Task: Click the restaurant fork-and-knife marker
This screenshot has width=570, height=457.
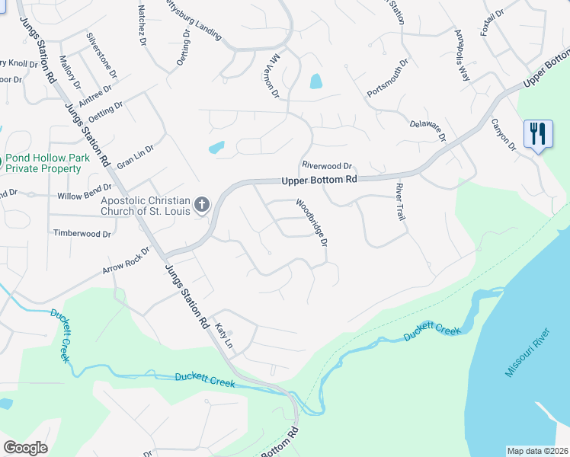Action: click(538, 135)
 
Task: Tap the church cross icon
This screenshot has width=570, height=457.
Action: click(201, 203)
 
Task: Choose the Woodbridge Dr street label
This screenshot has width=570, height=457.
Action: click(312, 222)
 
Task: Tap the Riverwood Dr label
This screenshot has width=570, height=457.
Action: click(327, 165)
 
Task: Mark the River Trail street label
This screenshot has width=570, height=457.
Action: click(400, 202)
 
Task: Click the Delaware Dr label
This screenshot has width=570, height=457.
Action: click(427, 131)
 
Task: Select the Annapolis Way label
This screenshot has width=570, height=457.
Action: click(463, 56)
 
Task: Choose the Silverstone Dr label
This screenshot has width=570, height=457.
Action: click(101, 56)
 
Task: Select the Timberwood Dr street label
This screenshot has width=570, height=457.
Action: click(81, 232)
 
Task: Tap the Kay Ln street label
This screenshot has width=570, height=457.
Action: click(223, 334)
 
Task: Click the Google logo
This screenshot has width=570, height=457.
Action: click(25, 448)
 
